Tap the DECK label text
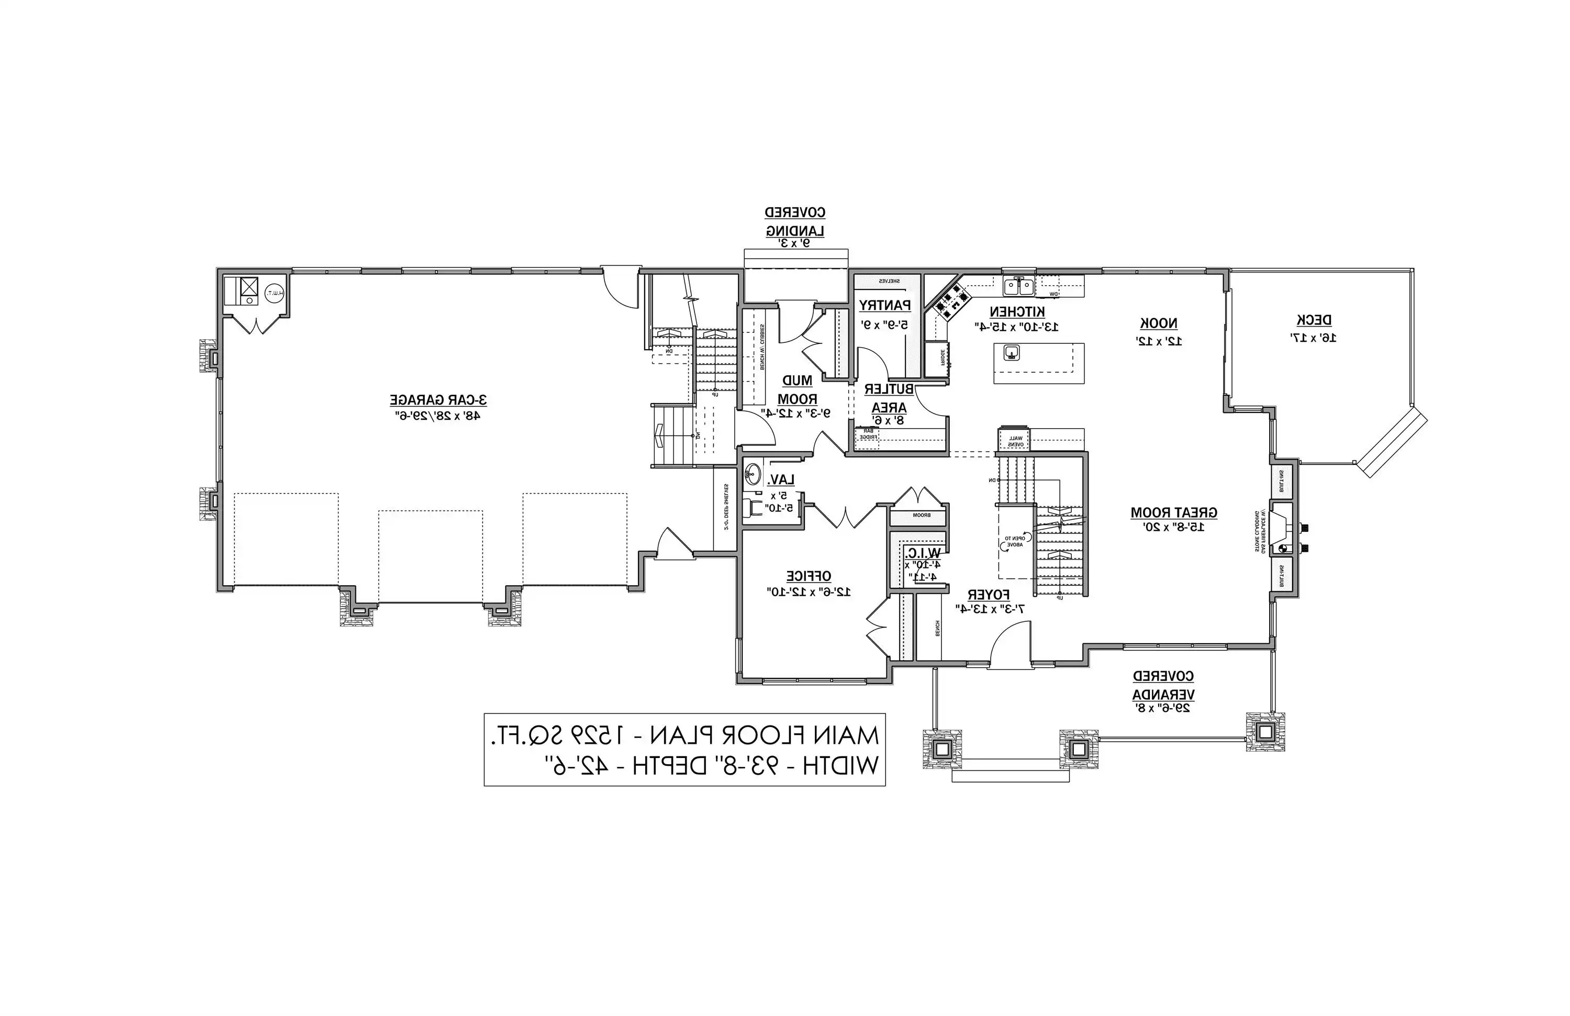[1314, 321]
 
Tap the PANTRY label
[884, 306]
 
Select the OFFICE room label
[808, 576]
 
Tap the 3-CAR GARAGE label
[438, 400]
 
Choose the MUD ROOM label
[797, 390]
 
